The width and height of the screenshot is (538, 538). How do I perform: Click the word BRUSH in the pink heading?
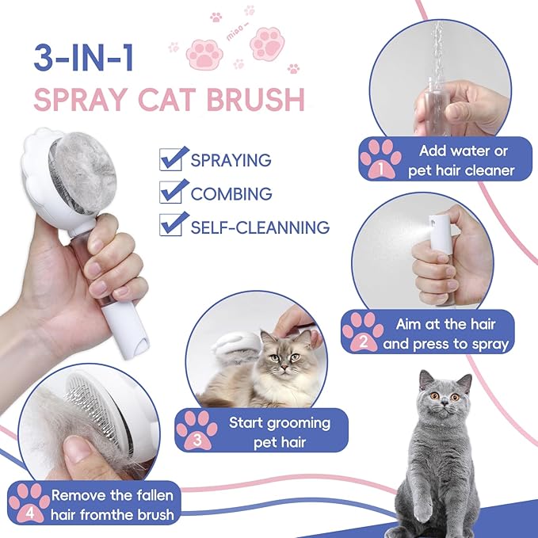(256, 100)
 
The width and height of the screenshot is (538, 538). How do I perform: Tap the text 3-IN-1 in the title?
(83, 57)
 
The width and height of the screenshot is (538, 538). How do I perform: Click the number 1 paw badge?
(380, 158)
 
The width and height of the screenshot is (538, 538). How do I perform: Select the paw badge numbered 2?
(363, 331)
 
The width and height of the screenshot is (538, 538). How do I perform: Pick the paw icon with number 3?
(197, 430)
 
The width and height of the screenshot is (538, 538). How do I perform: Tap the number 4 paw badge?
(30, 502)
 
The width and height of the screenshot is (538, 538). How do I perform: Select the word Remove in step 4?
(78, 495)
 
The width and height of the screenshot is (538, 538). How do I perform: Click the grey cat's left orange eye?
(435, 396)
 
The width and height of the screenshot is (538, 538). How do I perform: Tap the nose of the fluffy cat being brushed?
(284, 368)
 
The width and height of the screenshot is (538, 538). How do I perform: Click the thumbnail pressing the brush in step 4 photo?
(78, 448)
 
